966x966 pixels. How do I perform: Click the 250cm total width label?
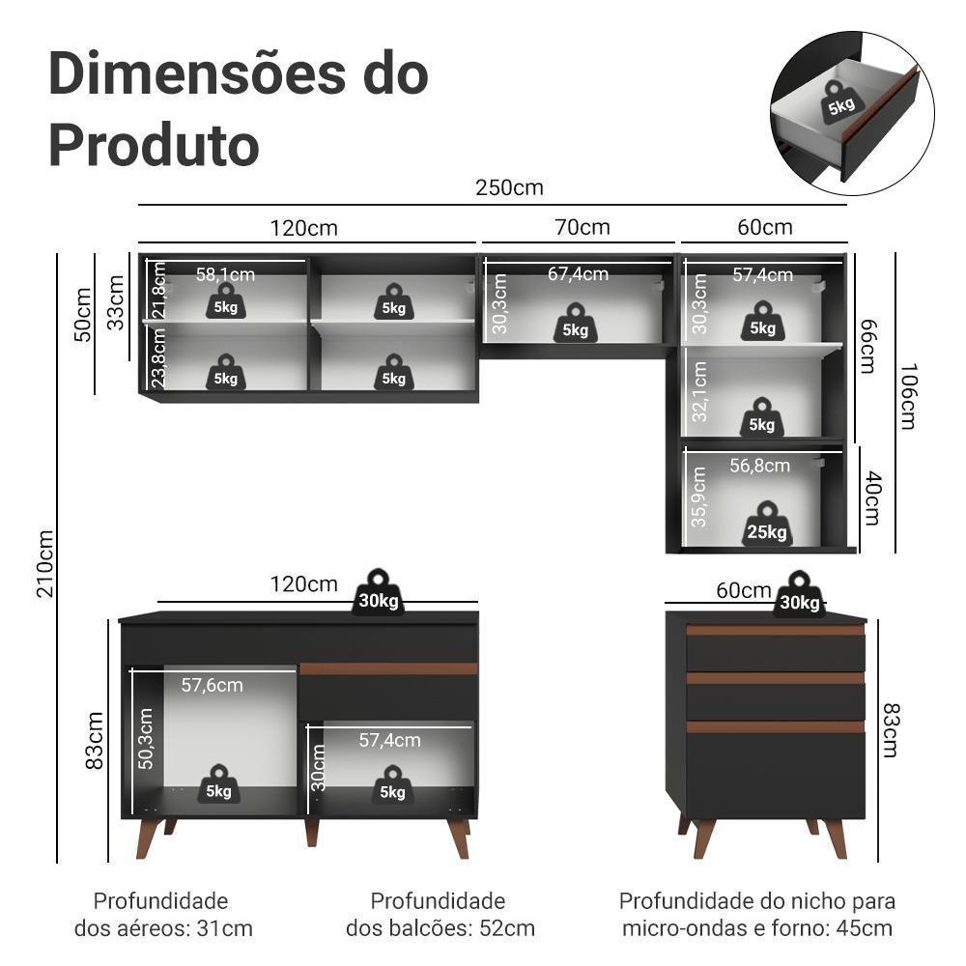click(509, 187)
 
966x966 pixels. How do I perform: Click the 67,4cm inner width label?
click(578, 274)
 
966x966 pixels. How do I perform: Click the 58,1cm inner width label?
click(225, 274)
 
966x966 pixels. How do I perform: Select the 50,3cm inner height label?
click(146, 739)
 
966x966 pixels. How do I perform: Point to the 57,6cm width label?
click(212, 685)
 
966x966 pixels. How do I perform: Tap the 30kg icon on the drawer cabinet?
click(799, 595)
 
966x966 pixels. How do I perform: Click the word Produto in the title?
click(154, 145)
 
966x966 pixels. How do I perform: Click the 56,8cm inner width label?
click(759, 466)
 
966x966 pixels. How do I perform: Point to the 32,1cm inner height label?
click(700, 391)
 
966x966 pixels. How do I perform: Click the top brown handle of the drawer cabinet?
click(775, 630)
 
